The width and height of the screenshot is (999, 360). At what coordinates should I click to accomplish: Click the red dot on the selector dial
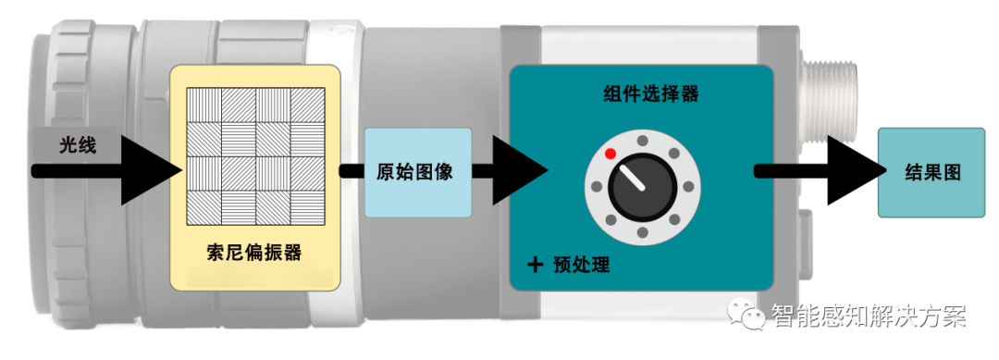coord(610,152)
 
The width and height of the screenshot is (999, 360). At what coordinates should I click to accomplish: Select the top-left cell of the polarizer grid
coord(203,106)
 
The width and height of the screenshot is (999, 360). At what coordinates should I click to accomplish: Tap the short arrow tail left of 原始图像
coord(351,171)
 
